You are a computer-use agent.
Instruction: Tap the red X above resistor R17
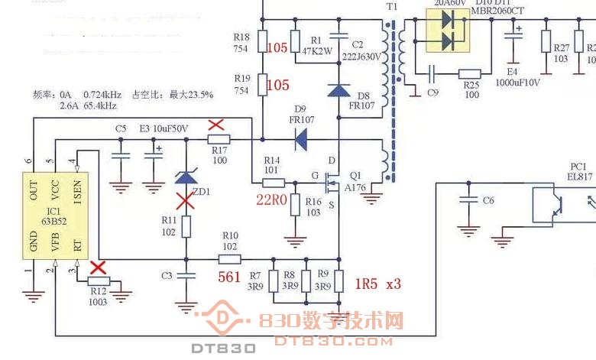click(x=217, y=125)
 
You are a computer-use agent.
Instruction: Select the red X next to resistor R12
click(x=98, y=268)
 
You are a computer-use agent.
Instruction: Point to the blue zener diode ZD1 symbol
click(x=186, y=178)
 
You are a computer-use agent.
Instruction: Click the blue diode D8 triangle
click(x=338, y=89)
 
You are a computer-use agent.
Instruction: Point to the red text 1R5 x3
click(x=377, y=284)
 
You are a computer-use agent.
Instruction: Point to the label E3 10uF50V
click(x=164, y=128)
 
